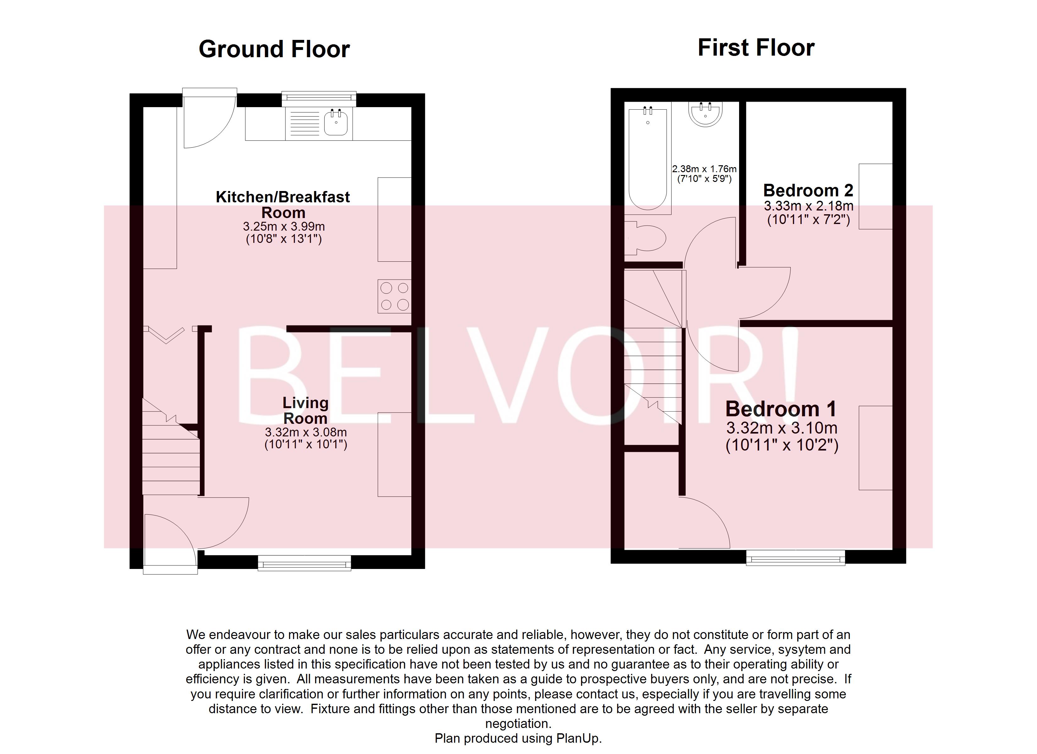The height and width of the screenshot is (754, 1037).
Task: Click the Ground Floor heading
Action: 274,49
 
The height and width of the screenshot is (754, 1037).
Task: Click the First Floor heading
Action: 756,47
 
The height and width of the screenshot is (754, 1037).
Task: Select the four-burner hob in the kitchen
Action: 394,296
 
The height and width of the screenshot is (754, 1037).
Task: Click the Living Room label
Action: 305,410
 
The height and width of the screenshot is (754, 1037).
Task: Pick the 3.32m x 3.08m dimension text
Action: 305,432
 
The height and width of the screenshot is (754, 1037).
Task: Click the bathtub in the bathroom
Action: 648,158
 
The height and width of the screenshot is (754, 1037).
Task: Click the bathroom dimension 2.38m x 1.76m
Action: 704,169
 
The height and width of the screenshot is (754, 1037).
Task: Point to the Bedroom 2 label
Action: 808,190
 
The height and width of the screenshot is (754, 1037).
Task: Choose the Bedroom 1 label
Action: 781,409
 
